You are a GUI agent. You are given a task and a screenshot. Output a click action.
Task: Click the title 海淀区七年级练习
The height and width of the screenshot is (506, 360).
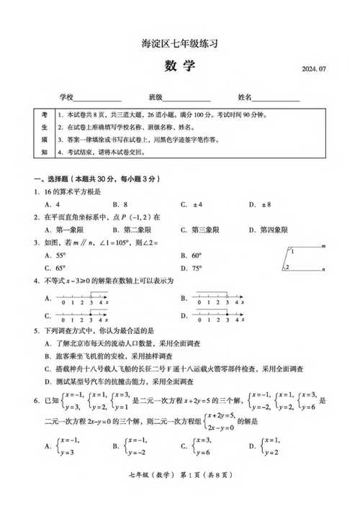point(179,44)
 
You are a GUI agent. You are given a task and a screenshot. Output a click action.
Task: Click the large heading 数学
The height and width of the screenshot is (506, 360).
point(179,67)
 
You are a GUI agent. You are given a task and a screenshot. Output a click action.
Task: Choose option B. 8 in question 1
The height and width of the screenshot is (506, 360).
point(120,204)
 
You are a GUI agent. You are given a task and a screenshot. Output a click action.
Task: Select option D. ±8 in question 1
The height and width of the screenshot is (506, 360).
point(259,204)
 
